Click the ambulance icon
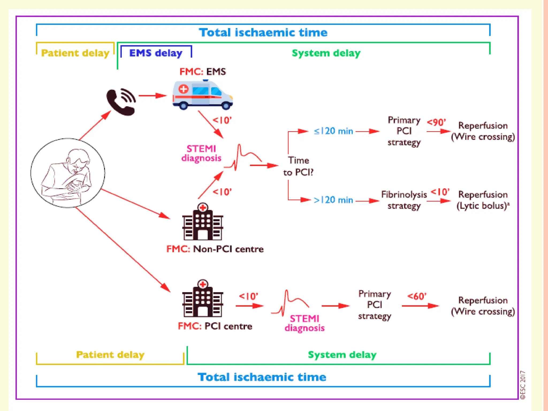click(x=203, y=95)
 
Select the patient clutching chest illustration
click(x=68, y=173)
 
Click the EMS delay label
click(x=156, y=53)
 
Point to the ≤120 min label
click(x=333, y=131)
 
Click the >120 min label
click(x=333, y=200)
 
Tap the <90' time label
click(x=436, y=122)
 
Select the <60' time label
click(x=417, y=296)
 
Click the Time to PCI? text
click(x=298, y=166)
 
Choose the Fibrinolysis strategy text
click(x=404, y=200)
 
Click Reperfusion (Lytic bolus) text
click(x=483, y=200)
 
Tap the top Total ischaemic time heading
click(x=263, y=32)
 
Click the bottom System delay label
click(x=342, y=355)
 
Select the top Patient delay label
click(x=75, y=53)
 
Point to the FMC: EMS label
click(x=203, y=72)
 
